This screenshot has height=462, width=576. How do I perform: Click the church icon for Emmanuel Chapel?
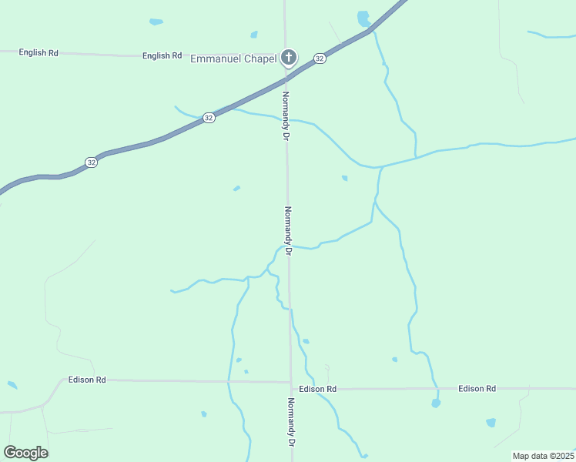[289, 57]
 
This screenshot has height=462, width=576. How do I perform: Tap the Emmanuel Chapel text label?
[233, 58]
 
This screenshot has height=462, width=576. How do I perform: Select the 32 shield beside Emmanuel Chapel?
[319, 58]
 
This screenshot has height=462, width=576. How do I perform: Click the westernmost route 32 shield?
[91, 162]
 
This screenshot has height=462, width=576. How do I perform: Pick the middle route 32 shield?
[209, 118]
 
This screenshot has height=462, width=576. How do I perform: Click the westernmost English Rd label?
[39, 52]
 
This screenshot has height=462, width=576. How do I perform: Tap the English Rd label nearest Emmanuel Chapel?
[162, 55]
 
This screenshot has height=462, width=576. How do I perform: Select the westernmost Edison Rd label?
[87, 380]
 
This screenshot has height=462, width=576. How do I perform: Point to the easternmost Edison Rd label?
[477, 389]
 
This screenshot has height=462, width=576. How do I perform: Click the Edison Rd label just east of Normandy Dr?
[318, 389]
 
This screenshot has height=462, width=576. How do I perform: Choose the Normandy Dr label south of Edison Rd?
[292, 423]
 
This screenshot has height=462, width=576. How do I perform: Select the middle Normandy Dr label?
[289, 230]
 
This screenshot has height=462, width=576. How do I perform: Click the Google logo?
[25, 453]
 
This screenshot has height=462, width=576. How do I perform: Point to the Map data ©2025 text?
[544, 456]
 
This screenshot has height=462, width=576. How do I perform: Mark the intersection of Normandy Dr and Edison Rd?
[290, 383]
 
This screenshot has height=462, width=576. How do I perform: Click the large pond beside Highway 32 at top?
[363, 18]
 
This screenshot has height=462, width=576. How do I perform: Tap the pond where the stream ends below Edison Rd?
[436, 403]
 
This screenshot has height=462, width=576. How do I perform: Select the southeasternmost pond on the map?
[491, 423]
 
